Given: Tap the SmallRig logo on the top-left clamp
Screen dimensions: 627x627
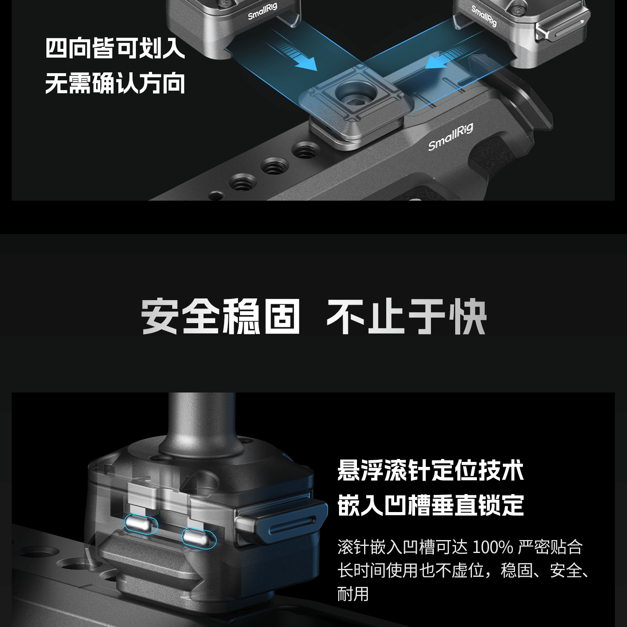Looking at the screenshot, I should click(x=262, y=11).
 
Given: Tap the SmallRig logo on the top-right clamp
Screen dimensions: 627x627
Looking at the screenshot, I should click(x=484, y=16).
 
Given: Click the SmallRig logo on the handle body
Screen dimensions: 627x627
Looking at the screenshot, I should click(x=451, y=137).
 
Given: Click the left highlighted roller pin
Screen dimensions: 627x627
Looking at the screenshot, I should click(x=141, y=524).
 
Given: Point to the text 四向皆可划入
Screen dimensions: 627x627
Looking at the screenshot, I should click(x=115, y=48).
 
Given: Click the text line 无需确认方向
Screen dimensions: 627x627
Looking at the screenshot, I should click(x=115, y=83).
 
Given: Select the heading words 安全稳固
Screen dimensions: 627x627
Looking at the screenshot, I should click(x=220, y=316).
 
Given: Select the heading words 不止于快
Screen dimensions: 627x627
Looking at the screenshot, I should click(x=406, y=316).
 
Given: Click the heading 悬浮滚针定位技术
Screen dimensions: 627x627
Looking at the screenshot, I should click(x=431, y=471).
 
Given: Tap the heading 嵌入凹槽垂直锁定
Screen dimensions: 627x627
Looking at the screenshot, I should click(x=431, y=505).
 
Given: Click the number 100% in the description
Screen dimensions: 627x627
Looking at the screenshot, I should click(x=492, y=547).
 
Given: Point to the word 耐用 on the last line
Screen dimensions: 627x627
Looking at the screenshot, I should click(x=353, y=594).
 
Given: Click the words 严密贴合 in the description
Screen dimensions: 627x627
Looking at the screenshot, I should click(x=550, y=547).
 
